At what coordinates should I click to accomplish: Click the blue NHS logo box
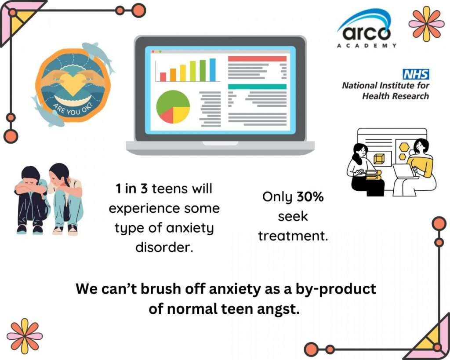tap(416, 74)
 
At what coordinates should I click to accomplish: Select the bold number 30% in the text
tap(310, 197)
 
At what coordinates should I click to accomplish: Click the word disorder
tap(164, 247)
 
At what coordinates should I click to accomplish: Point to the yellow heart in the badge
tap(73, 84)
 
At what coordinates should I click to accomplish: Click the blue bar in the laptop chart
tap(212, 70)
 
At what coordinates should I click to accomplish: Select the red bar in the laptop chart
tap(163, 76)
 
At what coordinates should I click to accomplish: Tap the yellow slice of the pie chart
tap(180, 114)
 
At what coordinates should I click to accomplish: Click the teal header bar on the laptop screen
tap(257, 87)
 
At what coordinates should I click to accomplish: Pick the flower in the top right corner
tap(426, 24)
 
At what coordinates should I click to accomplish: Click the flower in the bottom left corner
tap(25, 336)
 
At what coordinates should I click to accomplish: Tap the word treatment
tap(293, 236)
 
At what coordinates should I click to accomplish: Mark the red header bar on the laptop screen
tap(257, 58)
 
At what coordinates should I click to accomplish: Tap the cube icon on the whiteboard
tap(379, 159)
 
